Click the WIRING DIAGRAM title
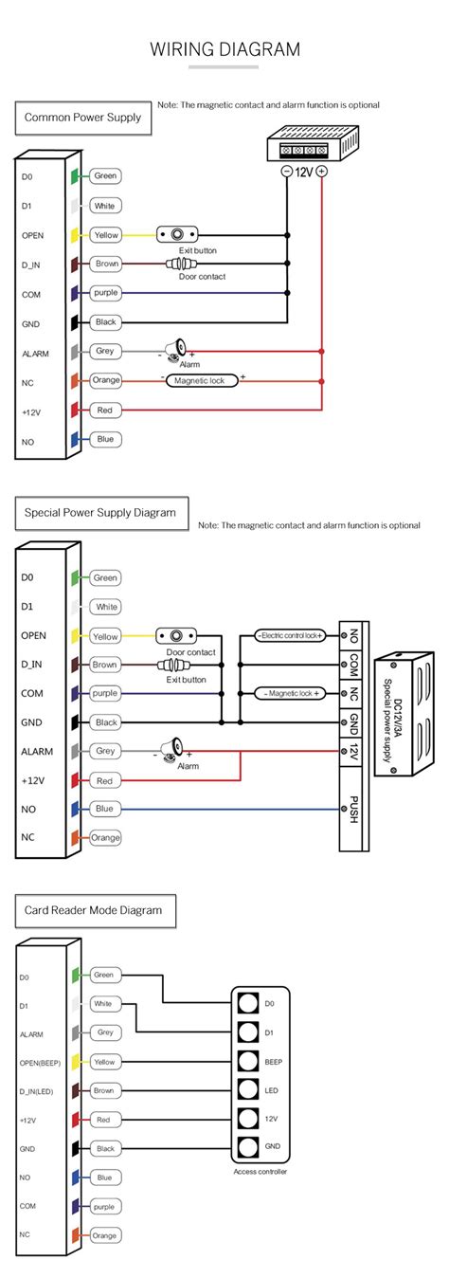pyautogui.click(x=224, y=49)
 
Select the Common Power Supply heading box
pyautogui.click(x=82, y=118)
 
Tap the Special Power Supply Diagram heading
pyautogui.click(x=99, y=513)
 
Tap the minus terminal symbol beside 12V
pyautogui.click(x=287, y=172)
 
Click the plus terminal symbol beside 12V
pyautogui.click(x=322, y=172)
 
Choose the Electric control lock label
pyautogui.click(x=289, y=635)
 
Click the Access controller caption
pyautogui.click(x=260, y=1172)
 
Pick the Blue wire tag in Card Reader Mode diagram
pyautogui.click(x=104, y=1178)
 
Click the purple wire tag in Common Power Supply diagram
pyautogui.click(x=105, y=294)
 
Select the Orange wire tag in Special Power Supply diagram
pyautogui.click(x=106, y=837)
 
